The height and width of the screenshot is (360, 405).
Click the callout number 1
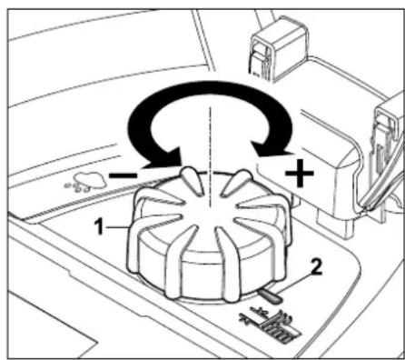coord(99,227)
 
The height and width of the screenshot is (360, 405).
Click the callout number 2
coord(316,268)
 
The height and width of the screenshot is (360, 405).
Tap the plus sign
coord(299,174)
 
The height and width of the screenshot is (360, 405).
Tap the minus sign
coord(123,175)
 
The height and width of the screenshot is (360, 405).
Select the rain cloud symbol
coord(86,182)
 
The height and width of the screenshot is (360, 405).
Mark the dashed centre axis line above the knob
coord(210,143)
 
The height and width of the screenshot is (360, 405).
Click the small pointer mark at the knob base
coord(270,296)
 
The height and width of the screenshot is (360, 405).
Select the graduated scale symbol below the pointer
coord(271,325)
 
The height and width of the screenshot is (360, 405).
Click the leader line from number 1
coord(118,226)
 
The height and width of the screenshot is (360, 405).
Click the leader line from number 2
coord(293,284)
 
